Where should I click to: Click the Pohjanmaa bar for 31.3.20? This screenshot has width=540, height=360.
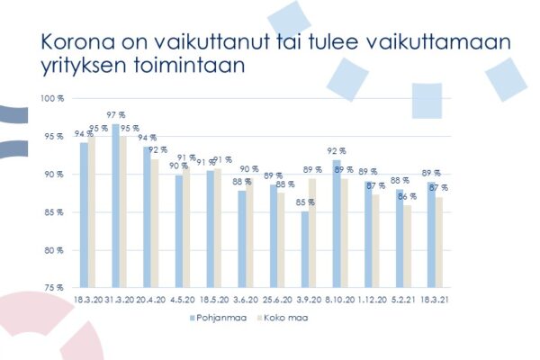(x=115, y=206)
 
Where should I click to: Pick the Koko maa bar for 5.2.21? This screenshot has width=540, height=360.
(x=407, y=246)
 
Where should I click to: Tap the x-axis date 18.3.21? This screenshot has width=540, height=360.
(x=436, y=298)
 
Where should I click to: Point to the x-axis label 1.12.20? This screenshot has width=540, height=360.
(x=372, y=298)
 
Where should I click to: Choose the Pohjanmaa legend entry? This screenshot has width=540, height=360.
(x=216, y=318)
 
